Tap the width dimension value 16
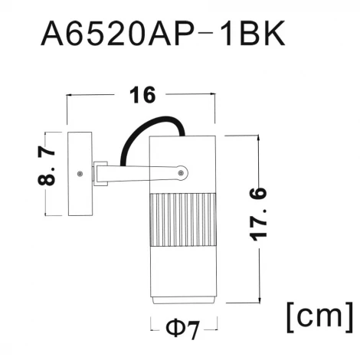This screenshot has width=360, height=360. pos(141,95)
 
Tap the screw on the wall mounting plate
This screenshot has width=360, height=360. pos(80,174)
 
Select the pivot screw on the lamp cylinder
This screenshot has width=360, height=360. pos(181,174)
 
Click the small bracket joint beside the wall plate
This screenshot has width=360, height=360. pos(100,174)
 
